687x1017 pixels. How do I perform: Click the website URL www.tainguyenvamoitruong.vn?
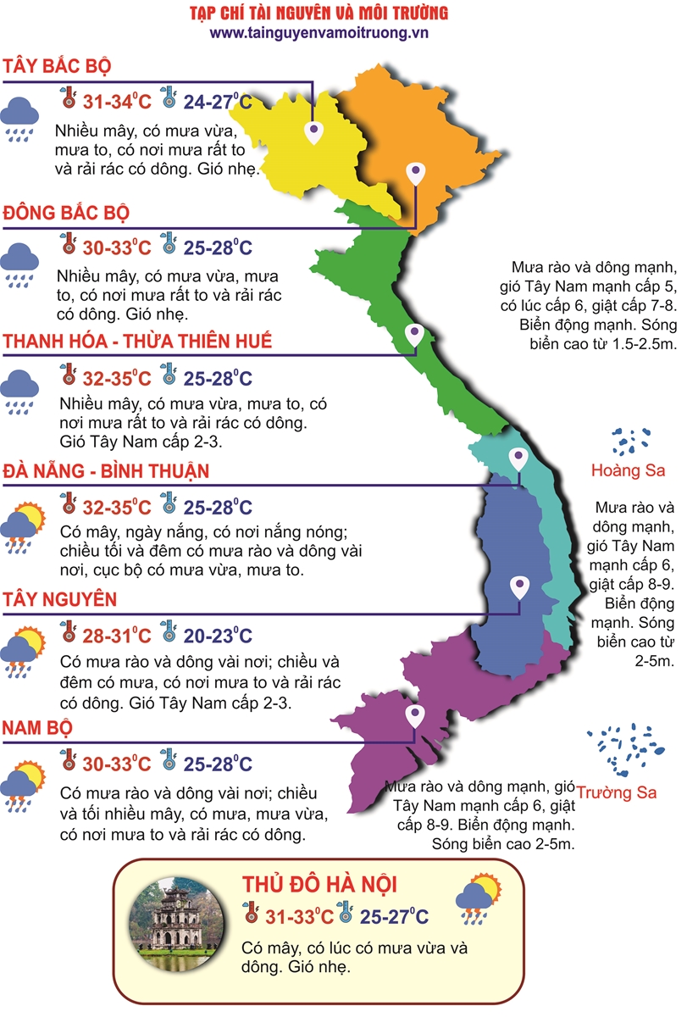319,32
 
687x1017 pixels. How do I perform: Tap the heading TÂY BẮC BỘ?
58,67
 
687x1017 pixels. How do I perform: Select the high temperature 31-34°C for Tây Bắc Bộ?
117,103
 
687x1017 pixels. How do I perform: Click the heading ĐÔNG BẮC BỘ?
67,212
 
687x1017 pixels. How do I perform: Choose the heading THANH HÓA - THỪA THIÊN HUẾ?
138,341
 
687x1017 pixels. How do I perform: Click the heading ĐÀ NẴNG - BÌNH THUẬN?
106,470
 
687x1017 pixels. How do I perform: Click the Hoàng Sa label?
628,470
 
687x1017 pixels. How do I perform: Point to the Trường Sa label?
617,793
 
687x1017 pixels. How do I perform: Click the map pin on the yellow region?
314,132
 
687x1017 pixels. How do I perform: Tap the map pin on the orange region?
414,174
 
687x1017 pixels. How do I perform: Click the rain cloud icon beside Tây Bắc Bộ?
19,116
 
